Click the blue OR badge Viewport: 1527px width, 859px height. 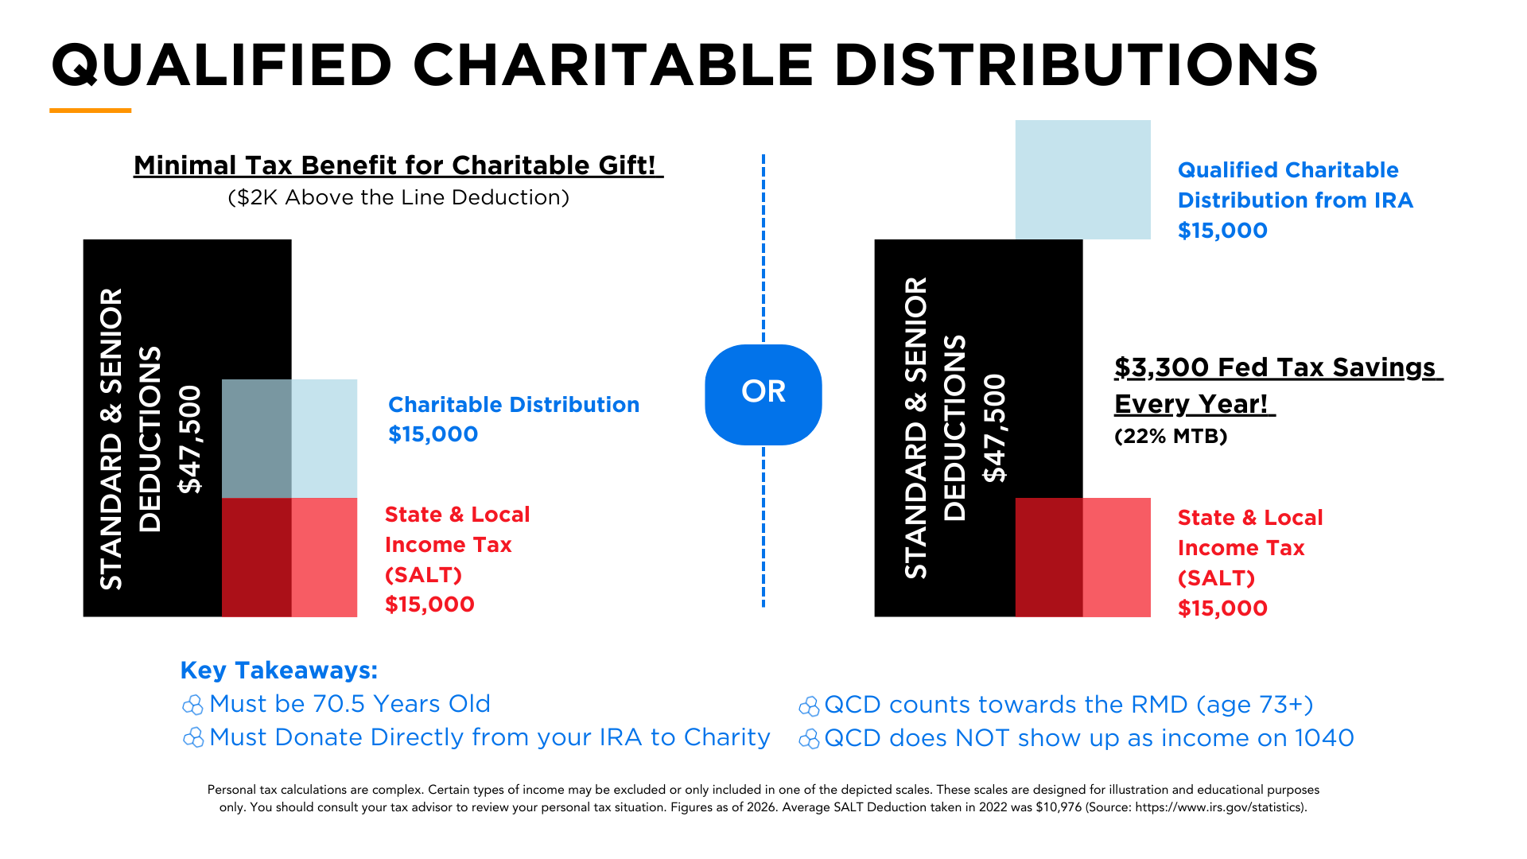[763, 394]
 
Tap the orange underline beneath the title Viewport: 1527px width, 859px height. [90, 111]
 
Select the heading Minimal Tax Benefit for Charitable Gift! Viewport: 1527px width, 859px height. [398, 165]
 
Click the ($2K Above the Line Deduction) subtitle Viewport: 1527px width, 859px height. [398, 197]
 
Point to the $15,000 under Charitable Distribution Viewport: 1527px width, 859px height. [433, 434]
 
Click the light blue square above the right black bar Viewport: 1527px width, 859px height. [1082, 179]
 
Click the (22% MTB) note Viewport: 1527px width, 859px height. [1171, 436]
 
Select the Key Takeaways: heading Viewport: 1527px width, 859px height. [278, 670]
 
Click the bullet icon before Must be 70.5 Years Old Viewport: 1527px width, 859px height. [192, 705]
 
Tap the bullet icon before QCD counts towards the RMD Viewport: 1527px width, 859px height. [809, 705]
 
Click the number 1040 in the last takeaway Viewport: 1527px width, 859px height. [1323, 738]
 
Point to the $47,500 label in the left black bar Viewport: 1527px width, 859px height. [190, 439]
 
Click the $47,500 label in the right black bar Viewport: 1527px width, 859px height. [994, 428]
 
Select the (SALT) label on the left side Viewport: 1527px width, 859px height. [423, 575]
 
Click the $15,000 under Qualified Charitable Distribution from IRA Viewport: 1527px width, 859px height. [1222, 231]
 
